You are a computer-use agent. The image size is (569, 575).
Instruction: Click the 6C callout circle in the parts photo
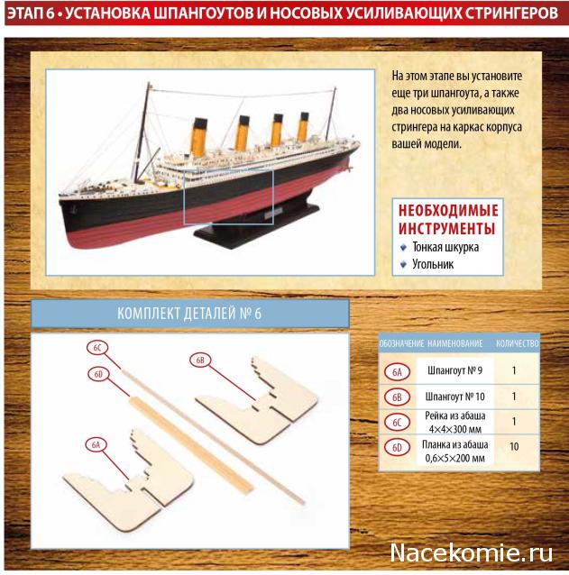[x=97, y=348]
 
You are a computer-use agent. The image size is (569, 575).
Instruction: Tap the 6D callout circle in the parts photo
[x=98, y=374]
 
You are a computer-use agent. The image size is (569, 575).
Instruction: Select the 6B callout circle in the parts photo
[x=200, y=361]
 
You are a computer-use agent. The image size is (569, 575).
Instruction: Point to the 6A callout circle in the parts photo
[x=96, y=445]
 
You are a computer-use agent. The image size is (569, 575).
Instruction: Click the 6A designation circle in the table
[x=398, y=372]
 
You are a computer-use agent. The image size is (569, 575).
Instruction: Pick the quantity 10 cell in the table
[x=514, y=446]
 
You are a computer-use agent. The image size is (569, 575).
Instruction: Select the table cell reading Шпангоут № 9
[x=454, y=370]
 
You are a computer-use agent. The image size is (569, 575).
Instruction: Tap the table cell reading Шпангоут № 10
[x=454, y=397]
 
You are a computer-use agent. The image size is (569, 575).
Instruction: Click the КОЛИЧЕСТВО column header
[x=518, y=343]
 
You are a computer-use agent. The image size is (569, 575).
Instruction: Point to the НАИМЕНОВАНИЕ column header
[x=454, y=343]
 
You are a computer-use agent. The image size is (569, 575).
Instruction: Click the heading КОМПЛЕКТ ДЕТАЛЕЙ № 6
[x=189, y=314]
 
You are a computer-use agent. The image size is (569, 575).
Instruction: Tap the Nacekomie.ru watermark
[x=471, y=552]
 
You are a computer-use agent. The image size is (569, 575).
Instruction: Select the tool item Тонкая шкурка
[x=445, y=247]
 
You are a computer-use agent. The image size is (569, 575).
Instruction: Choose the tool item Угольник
[x=433, y=264]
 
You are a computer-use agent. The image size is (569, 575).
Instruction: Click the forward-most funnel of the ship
[x=199, y=136]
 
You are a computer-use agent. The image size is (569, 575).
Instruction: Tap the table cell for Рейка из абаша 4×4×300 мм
[x=454, y=422]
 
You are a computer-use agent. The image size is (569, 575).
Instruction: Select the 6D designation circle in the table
[x=398, y=448]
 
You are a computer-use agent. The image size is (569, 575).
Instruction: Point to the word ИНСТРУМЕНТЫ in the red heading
[x=447, y=228]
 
